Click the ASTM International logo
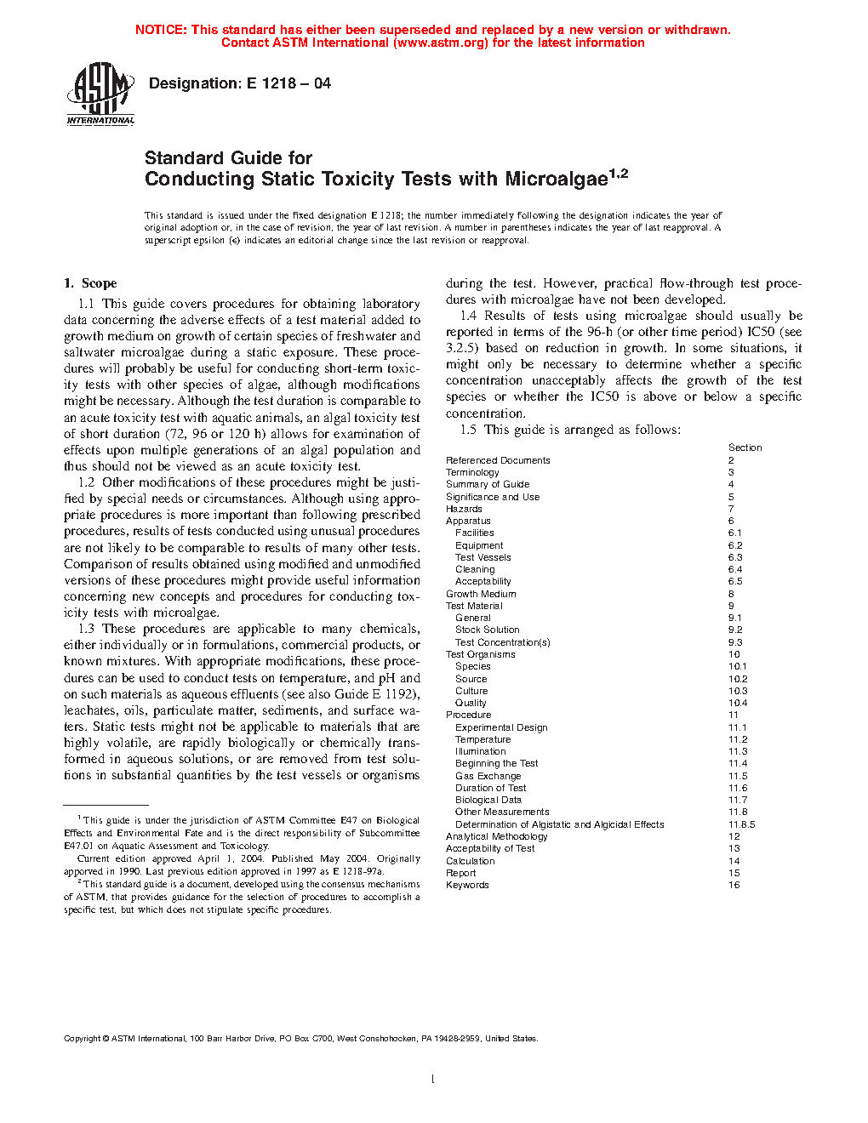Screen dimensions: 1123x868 coord(100,94)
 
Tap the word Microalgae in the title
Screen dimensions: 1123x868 coord(556,180)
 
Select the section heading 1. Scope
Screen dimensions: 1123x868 coord(90,283)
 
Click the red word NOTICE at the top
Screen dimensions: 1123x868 coord(161,30)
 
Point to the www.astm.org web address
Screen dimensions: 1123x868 coord(441,43)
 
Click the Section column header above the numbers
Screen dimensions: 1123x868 coord(745,447)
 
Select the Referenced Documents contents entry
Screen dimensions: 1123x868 coord(498,460)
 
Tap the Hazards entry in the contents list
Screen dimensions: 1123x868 coord(464,509)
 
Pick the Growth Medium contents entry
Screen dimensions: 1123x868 coord(481,594)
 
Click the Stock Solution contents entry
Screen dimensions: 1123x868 coord(487,630)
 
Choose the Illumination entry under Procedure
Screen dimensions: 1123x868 coord(480,751)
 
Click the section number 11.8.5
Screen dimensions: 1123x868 coord(741,824)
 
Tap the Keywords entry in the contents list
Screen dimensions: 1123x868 coord(467,885)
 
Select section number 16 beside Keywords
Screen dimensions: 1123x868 coord(734,885)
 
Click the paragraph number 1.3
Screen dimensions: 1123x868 coord(86,629)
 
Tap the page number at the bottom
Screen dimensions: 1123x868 coord(433,1080)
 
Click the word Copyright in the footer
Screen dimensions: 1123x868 coord(82,1038)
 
